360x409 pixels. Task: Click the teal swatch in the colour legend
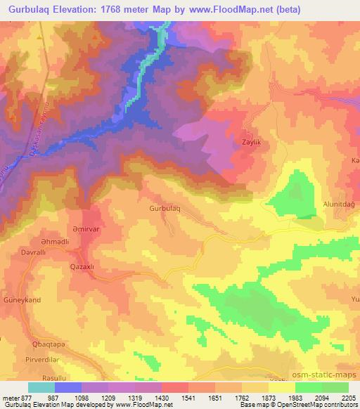coord(41,387)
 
